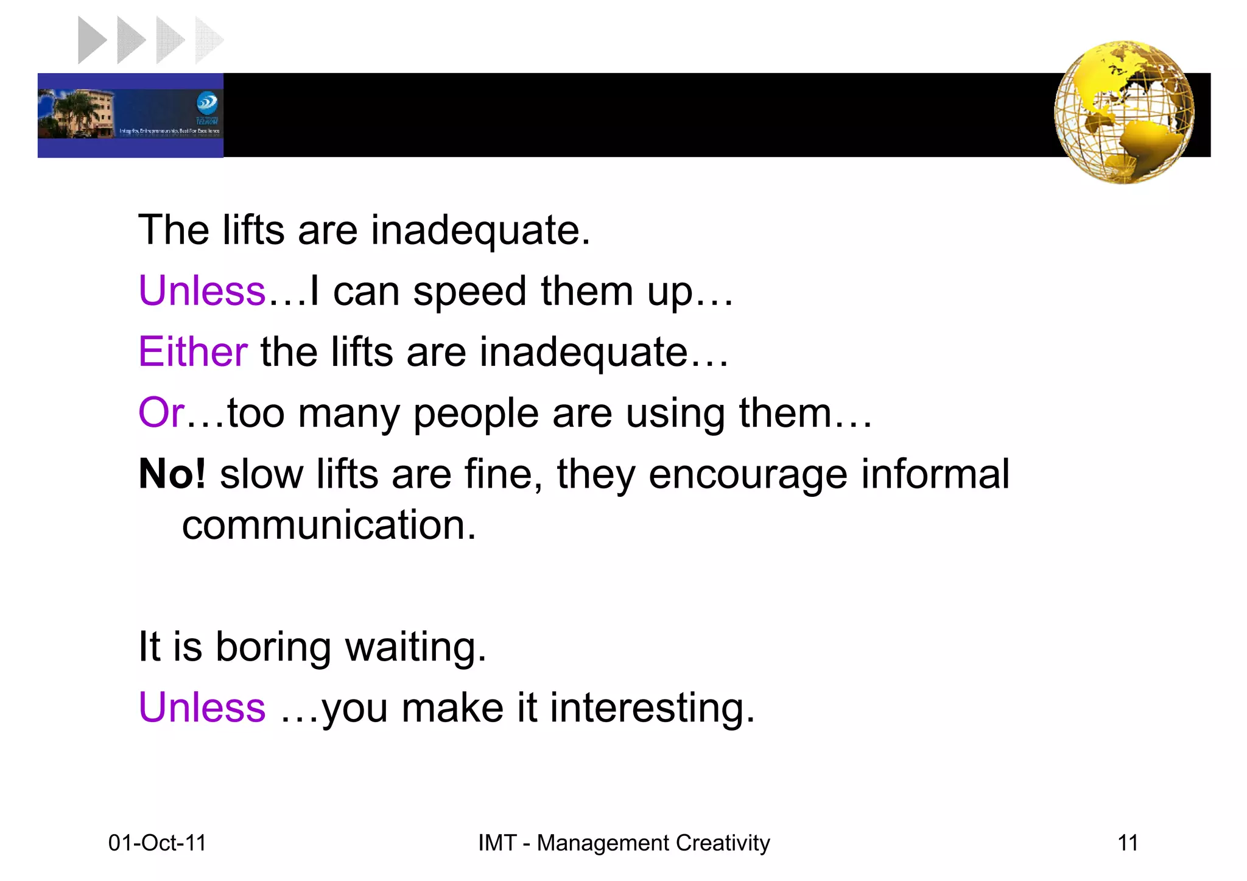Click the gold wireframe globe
pyautogui.click(x=1124, y=112)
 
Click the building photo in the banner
pyautogui.click(x=76, y=114)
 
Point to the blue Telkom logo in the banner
pyautogui.click(x=207, y=104)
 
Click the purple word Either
pyautogui.click(x=192, y=352)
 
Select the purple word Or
pyautogui.click(x=161, y=413)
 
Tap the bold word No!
pyautogui.click(x=172, y=474)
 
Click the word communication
pyautogui.click(x=328, y=525)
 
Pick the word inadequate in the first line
pyautogui.click(x=480, y=231)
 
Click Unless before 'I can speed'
pyautogui.click(x=202, y=291)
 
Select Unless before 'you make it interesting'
pyautogui.click(x=202, y=707)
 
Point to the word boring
pyautogui.click(x=273, y=647)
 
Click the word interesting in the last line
pyautogui.click(x=652, y=707)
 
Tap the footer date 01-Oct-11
pyautogui.click(x=157, y=843)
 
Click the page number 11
pyautogui.click(x=1128, y=843)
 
